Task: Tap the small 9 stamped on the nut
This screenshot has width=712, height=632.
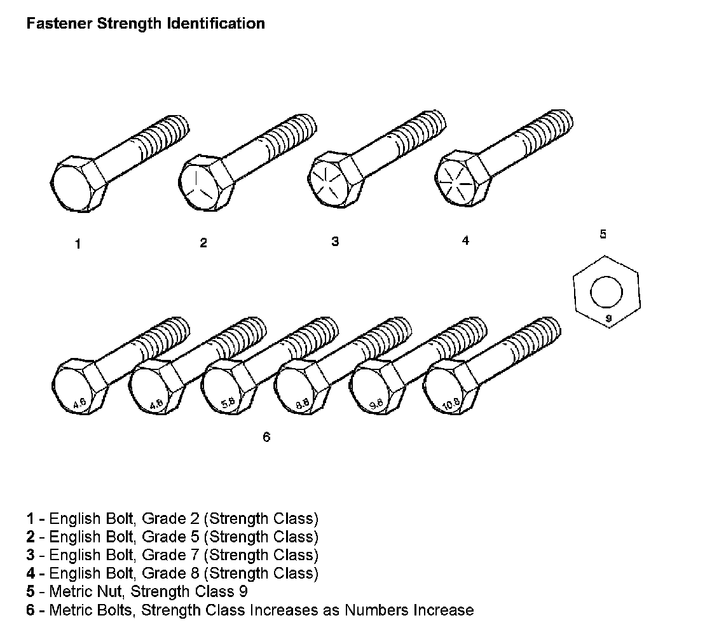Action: tap(608, 318)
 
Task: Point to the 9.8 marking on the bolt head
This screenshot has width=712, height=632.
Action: tap(376, 402)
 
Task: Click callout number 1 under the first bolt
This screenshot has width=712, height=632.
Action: tap(78, 244)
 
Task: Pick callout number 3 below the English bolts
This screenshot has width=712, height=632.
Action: tap(335, 242)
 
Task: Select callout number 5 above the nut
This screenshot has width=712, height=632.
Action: tap(603, 234)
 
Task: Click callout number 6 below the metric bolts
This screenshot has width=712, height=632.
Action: tap(266, 437)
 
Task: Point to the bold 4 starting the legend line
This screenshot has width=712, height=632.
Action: tap(31, 573)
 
